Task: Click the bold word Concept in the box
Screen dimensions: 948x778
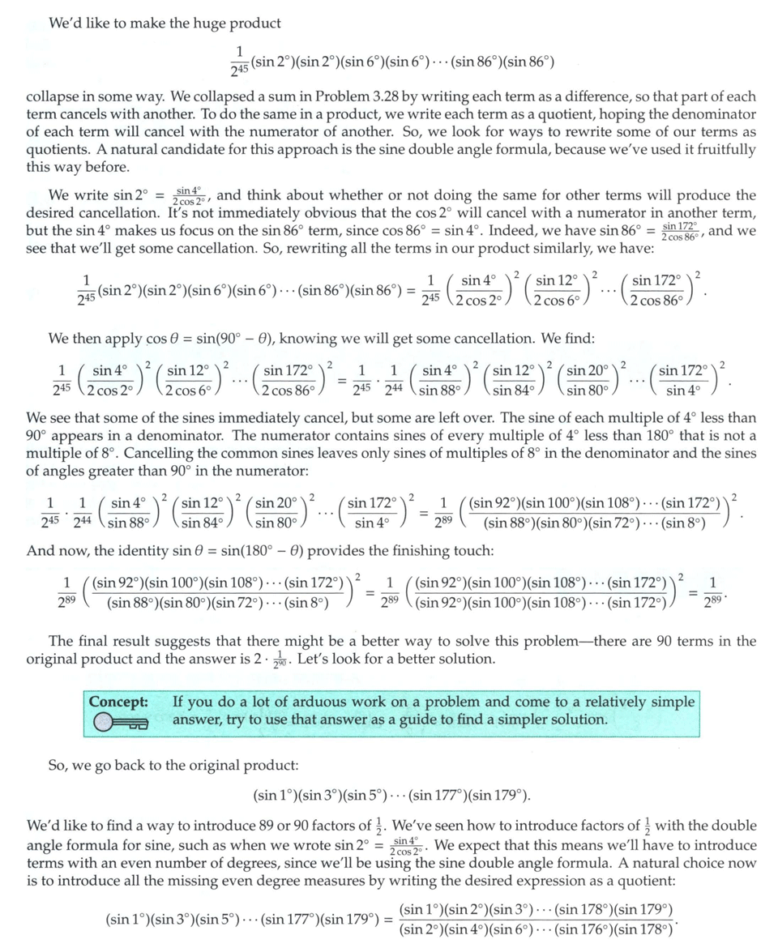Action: pyautogui.click(x=118, y=702)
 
